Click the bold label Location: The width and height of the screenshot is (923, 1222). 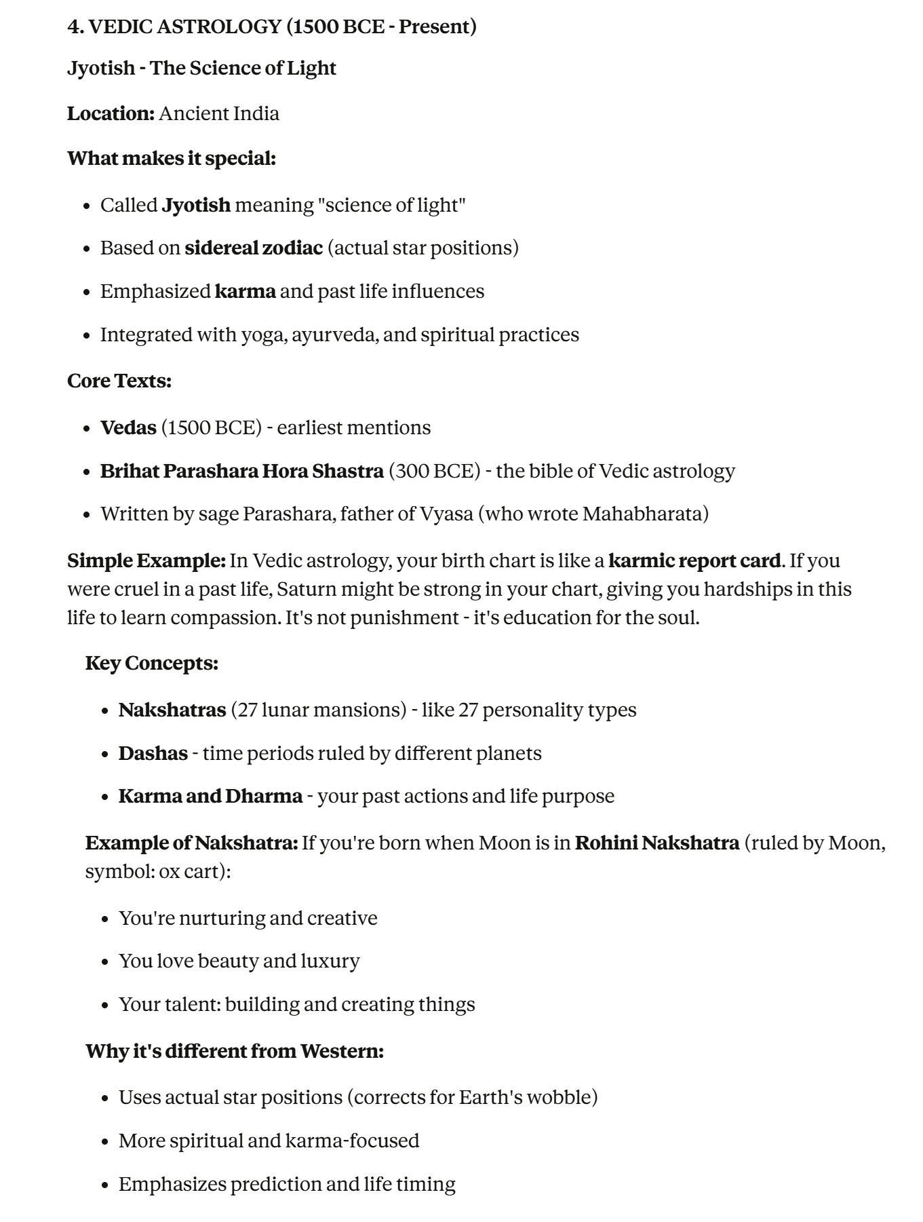coord(111,113)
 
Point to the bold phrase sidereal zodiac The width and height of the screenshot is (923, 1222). coord(254,248)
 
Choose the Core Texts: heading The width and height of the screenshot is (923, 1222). coord(119,381)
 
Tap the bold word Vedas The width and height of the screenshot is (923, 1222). coord(128,427)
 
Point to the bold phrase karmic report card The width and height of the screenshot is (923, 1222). coord(694,560)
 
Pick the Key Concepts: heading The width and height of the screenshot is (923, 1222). coord(152,663)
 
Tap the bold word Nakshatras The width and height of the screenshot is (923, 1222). coord(172,710)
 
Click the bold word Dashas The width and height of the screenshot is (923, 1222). coord(153,753)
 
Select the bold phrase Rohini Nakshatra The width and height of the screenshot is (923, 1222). coord(656,843)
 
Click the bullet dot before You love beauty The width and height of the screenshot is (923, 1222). coord(105,962)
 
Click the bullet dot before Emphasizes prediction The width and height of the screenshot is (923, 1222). coord(105,1185)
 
